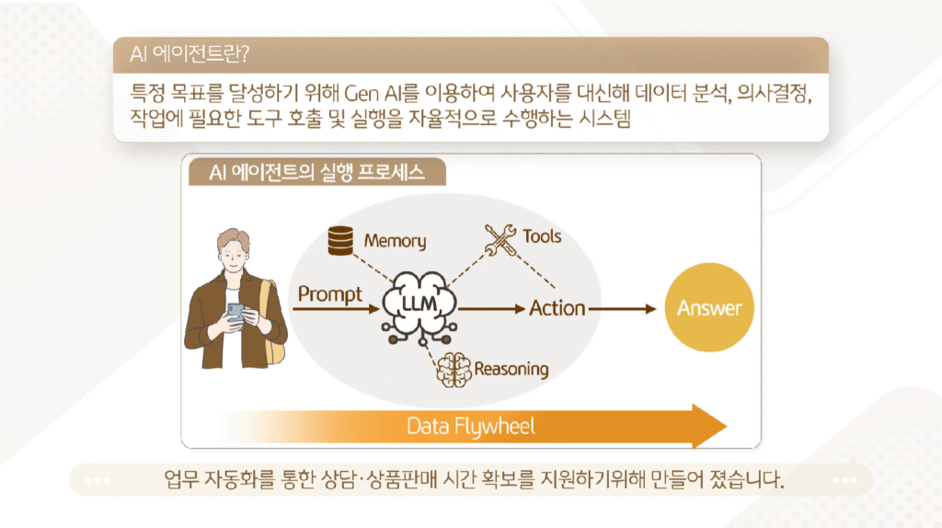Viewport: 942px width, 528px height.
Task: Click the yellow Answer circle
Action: [x=708, y=308]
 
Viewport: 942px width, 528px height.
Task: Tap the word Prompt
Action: [x=329, y=294]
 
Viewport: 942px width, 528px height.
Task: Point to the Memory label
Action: [x=395, y=241]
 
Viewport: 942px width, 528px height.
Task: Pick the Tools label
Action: [x=542, y=236]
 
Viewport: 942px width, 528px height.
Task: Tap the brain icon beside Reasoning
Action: [x=453, y=370]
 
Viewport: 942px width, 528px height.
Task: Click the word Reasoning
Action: [x=511, y=370]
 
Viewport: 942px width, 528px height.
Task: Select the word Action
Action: [x=557, y=308]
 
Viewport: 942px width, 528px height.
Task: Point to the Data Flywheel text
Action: [x=471, y=426]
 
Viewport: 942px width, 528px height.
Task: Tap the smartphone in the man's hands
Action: [x=235, y=312]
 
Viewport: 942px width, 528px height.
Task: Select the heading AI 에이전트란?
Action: [x=187, y=53]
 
